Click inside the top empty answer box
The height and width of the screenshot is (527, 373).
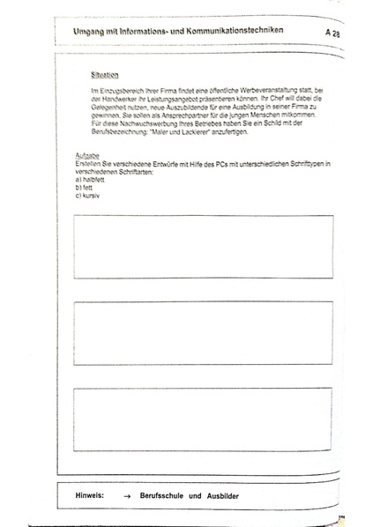(x=204, y=246)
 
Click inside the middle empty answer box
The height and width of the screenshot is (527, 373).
(x=204, y=332)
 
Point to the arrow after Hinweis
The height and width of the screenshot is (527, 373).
(x=128, y=496)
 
